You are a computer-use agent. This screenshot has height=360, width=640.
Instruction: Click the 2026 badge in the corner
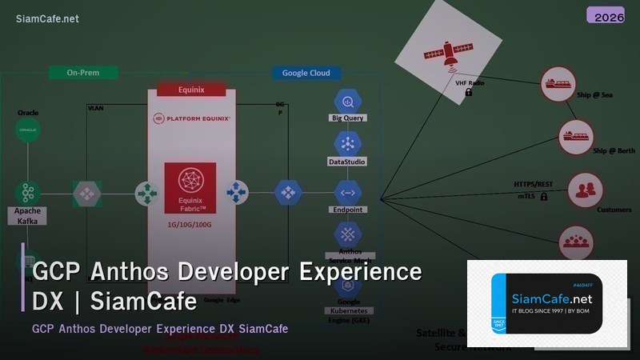[610, 16]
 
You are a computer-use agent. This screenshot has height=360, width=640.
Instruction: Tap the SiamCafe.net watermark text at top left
[47, 18]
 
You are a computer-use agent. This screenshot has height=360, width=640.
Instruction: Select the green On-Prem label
[83, 73]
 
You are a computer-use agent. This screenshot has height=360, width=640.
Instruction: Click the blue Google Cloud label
[306, 73]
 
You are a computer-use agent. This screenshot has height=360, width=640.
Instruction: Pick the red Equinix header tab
[191, 90]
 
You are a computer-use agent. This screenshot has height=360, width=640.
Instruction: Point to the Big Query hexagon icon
[348, 102]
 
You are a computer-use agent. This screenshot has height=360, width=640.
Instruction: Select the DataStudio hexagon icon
[348, 144]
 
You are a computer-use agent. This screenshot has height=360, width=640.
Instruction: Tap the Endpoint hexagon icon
[348, 192]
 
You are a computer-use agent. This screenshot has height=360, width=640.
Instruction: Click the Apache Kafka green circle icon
[28, 192]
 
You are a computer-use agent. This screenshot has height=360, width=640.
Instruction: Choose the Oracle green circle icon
[28, 130]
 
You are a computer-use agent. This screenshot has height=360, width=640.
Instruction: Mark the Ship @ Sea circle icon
[558, 83]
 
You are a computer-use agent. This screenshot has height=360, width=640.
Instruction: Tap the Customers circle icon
[585, 190]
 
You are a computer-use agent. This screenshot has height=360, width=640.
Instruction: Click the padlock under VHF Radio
[469, 93]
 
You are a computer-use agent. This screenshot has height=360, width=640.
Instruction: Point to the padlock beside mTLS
[543, 196]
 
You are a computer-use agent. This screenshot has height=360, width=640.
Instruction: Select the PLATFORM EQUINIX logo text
[191, 118]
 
